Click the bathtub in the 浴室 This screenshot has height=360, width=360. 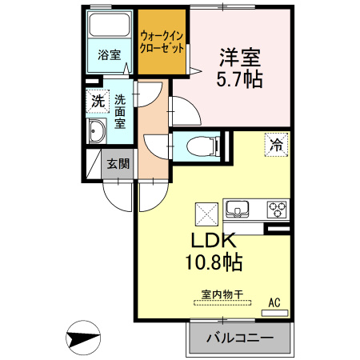pos(109,25)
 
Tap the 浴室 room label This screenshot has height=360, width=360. pos(109,55)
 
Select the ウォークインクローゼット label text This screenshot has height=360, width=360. pos(162,42)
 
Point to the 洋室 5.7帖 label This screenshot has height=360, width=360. pos(240,68)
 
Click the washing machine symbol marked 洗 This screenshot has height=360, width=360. pos(98,102)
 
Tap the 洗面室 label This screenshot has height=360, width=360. pos(120,112)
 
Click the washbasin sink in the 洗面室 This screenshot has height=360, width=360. pos(97,131)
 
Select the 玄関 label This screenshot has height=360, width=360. pos(118,164)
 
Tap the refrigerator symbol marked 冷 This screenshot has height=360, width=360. pos(276,145)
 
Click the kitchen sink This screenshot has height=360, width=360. pos(238,209)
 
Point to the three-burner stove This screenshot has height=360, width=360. pos(277,210)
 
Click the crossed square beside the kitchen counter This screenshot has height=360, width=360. pos(206,214)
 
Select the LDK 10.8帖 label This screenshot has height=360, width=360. pos(214,251)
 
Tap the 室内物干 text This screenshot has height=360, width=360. pos(222,294)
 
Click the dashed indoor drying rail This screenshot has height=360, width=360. pos(222,303)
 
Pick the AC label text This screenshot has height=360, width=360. pos(274,302)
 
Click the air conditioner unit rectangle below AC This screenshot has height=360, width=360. pos(274,313)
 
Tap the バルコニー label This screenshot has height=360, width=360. pos(240,338)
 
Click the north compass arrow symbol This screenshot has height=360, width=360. pos(83,338)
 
